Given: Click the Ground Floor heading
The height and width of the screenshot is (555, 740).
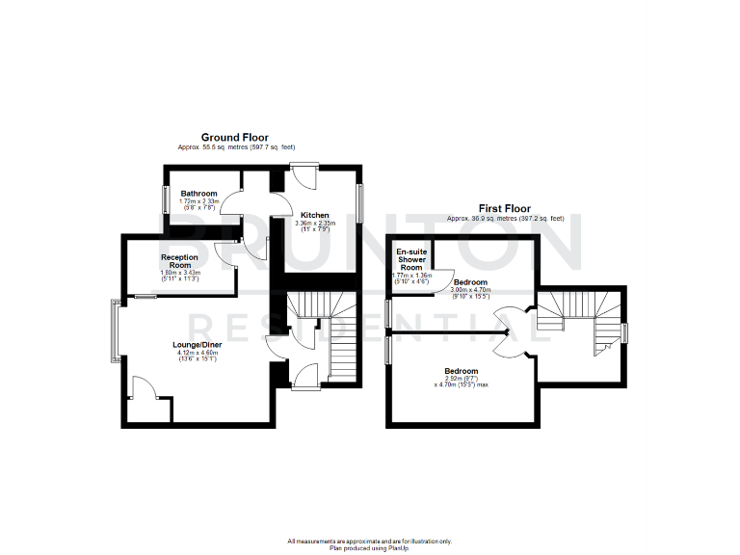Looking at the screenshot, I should click(234, 138).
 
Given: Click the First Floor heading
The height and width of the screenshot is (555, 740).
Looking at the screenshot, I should click(505, 208).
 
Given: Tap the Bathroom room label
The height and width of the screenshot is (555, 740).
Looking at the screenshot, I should click(198, 194).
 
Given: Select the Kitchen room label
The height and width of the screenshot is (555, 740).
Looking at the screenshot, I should click(314, 215).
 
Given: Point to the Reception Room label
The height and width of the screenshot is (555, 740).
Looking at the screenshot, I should click(179, 261).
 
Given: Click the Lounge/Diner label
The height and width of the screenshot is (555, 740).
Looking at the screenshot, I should click(198, 345).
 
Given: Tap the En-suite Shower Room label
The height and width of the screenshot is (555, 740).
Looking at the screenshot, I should click(411, 260).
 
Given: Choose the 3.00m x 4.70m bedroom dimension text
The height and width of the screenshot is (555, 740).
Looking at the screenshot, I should click(471, 290).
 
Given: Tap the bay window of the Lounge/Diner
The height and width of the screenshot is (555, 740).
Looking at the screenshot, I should click(117, 331).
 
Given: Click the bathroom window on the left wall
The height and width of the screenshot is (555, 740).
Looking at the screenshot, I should click(164, 198).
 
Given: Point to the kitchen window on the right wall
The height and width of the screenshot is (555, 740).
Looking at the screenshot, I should click(361, 202).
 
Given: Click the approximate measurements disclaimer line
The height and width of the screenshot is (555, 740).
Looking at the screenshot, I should click(369, 542).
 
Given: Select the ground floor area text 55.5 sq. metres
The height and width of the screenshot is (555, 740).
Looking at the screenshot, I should click(234, 146).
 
